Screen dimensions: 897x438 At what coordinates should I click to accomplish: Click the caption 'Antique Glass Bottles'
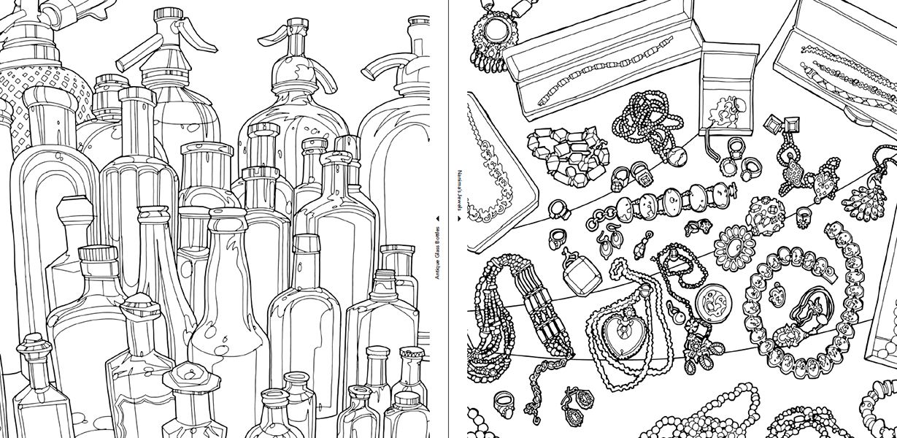[437, 253]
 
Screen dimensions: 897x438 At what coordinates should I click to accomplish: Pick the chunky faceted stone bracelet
[569, 156]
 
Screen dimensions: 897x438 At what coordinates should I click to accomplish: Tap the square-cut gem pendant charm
[581, 275]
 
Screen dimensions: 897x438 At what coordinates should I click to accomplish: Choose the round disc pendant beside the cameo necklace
[713, 302]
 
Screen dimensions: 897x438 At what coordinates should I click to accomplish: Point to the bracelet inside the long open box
[604, 70]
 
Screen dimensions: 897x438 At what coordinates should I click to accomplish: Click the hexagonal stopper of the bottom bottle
[191, 377]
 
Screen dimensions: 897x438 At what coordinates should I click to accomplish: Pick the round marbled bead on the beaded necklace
[676, 155]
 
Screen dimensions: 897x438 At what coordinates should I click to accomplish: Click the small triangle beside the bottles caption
[438, 218]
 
